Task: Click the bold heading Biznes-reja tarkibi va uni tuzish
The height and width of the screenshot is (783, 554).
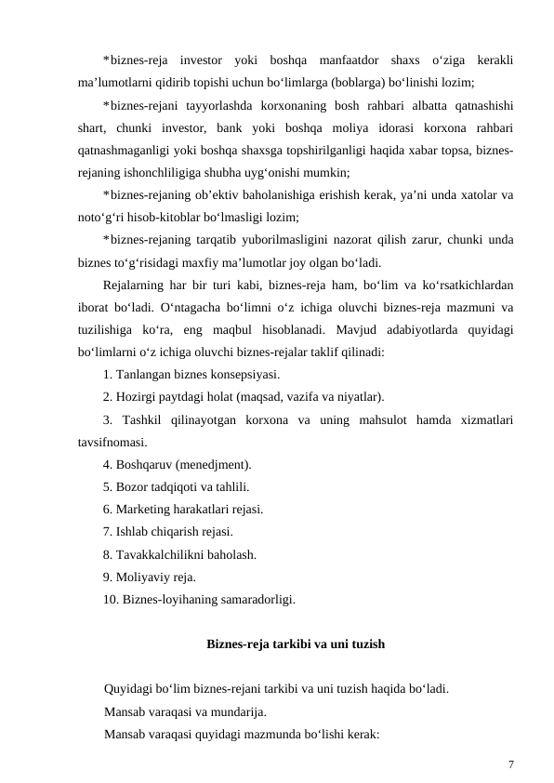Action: [x=295, y=644]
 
